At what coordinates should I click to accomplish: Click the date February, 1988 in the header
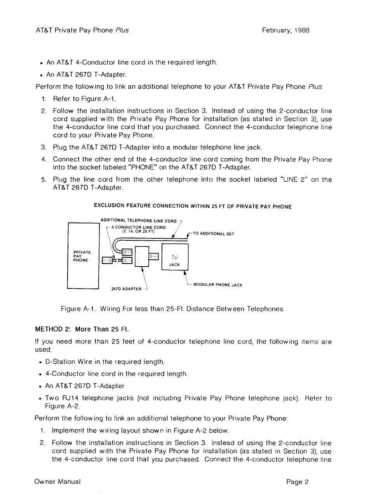[285, 30]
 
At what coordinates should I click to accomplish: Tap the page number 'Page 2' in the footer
[297, 482]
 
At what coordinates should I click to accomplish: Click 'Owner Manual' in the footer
[57, 482]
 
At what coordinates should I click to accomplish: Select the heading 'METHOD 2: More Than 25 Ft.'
[82, 329]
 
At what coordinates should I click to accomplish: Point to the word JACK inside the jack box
[174, 265]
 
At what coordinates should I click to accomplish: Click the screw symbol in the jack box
[174, 256]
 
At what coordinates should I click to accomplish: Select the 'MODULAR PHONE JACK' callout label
[218, 285]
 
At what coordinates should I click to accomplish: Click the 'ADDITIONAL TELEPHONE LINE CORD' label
[139, 221]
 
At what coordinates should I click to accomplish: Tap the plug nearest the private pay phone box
[106, 260]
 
